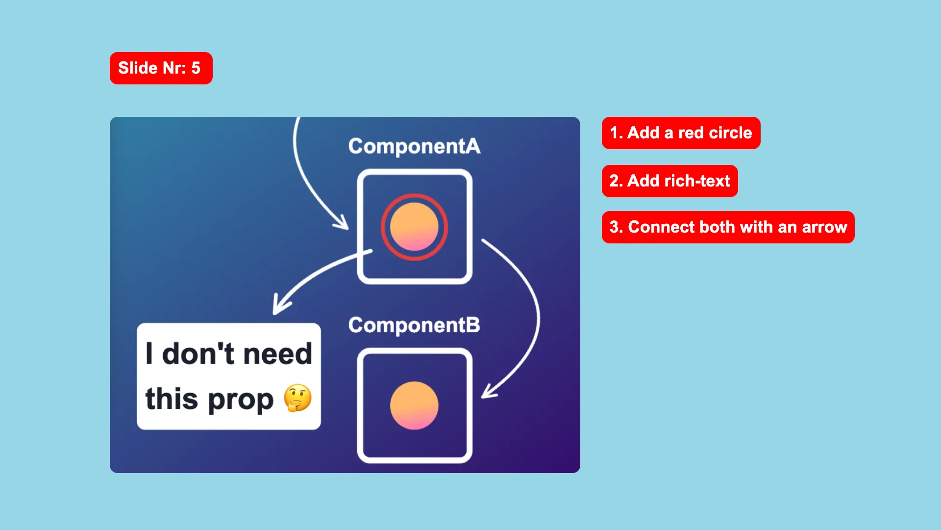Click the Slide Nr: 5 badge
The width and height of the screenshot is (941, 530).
click(x=161, y=68)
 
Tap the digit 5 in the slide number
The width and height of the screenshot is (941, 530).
click(x=196, y=68)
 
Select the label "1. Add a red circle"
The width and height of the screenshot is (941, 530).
click(x=681, y=133)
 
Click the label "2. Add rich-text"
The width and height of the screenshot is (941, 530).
click(x=670, y=181)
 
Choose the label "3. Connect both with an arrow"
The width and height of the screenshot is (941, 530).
click(x=728, y=227)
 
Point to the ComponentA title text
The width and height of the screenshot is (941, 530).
click(x=414, y=146)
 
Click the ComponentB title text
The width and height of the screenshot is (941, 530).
click(x=414, y=325)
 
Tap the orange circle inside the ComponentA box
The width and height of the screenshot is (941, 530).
click(x=414, y=227)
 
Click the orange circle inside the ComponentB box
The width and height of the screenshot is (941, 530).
click(x=414, y=405)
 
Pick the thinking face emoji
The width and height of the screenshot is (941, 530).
click(x=297, y=398)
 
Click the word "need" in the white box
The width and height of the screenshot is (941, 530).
click(x=277, y=353)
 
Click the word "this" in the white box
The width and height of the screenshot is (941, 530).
click(x=172, y=398)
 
